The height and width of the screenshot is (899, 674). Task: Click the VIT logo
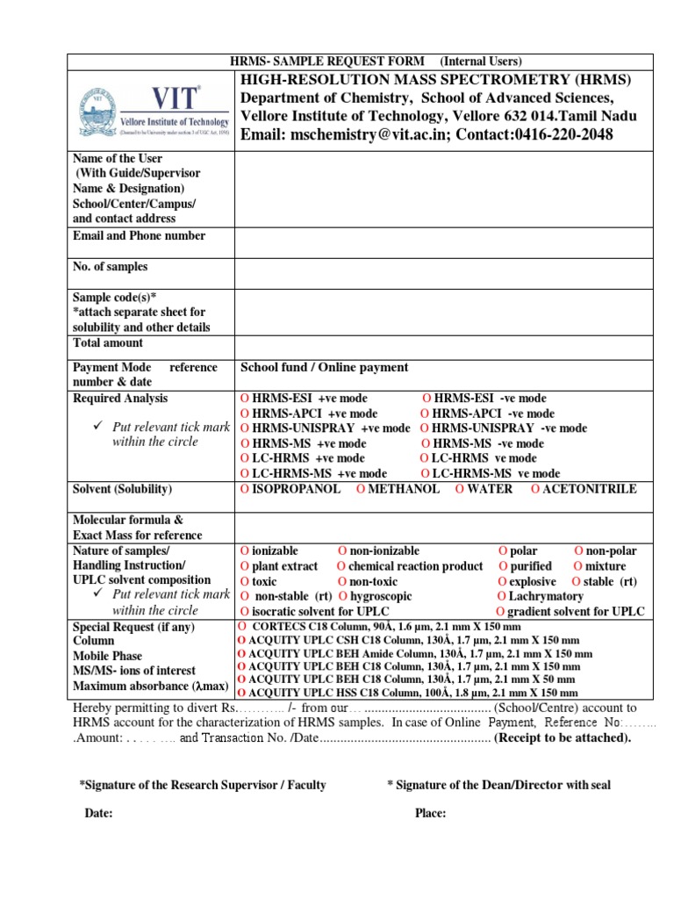point(154,111)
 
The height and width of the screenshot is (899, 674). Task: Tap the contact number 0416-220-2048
point(563,134)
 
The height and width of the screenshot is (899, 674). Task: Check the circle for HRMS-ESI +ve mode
point(244,399)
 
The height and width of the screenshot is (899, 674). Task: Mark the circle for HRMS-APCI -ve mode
point(425,414)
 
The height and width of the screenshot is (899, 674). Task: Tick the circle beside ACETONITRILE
point(535,489)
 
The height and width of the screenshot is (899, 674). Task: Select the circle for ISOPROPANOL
point(244,489)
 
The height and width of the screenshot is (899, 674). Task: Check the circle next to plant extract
point(244,567)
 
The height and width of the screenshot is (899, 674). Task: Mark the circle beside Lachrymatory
point(501,597)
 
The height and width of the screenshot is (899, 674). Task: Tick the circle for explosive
point(501,582)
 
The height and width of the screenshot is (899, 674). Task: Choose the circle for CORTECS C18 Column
point(241,627)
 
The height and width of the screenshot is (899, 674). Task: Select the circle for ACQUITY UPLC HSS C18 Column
point(241,694)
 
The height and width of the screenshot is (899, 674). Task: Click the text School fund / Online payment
point(324,368)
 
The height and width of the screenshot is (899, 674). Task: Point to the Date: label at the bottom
point(98,814)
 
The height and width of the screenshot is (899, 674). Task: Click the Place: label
point(430,814)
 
